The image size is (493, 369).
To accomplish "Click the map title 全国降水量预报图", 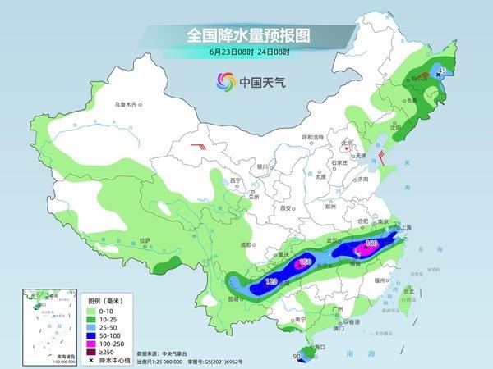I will click(x=246, y=35).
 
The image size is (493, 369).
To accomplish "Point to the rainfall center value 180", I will click(x=370, y=244).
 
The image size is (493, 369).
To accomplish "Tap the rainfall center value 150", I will click(x=305, y=262).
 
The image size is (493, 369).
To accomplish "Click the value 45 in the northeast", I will click(x=441, y=72).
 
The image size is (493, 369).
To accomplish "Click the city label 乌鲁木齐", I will click(x=127, y=104).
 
